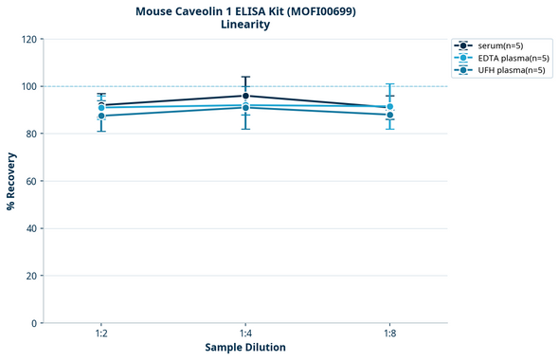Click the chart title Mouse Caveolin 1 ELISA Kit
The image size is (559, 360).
244,10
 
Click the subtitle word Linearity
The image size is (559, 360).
244,25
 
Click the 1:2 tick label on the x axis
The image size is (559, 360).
101,334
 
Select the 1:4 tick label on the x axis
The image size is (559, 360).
245,334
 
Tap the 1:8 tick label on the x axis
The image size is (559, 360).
389,334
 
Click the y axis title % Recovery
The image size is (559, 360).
11,181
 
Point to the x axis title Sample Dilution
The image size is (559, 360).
245,348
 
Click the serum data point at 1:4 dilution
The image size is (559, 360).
245,96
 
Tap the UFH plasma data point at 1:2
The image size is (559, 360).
101,116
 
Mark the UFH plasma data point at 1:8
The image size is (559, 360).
389,115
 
